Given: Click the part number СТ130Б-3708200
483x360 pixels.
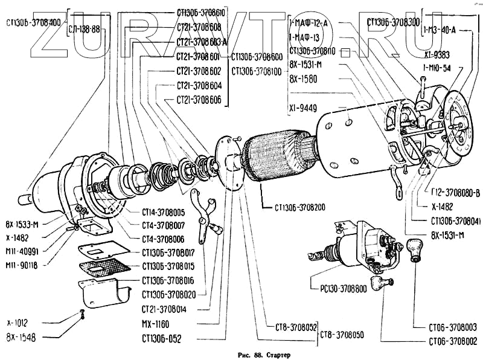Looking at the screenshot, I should pos(299,208).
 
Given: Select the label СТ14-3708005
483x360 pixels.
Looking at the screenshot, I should pos(163,213).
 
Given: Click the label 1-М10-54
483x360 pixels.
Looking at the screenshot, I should pos(438,67).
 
